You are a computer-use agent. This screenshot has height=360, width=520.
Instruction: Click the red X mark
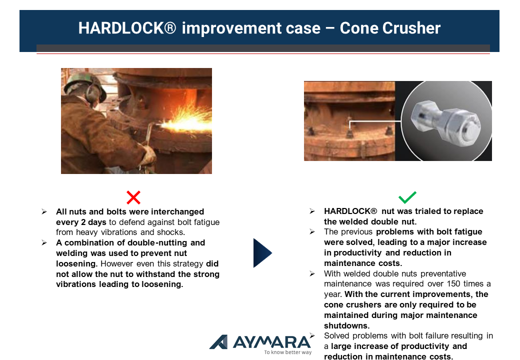[x=133, y=197]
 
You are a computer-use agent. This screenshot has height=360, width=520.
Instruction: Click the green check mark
[x=407, y=197]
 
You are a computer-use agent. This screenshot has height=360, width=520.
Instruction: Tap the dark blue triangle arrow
[x=262, y=252]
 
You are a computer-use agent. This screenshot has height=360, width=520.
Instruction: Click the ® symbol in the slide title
[x=170, y=27]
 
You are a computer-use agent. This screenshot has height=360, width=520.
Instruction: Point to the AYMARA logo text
[x=272, y=342]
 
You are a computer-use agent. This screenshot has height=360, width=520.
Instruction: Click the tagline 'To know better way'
[x=288, y=352]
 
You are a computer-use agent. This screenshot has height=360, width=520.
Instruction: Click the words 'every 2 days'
[x=81, y=222]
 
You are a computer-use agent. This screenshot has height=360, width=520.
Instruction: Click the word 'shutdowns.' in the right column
[x=346, y=325]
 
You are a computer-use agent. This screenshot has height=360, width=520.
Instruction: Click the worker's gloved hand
[x=148, y=155]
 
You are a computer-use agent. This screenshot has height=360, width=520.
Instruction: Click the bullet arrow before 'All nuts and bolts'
[x=44, y=211]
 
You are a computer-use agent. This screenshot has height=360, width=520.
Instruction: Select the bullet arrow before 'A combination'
[x=44, y=242]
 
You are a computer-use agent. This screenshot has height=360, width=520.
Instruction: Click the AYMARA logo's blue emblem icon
[x=219, y=342]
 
